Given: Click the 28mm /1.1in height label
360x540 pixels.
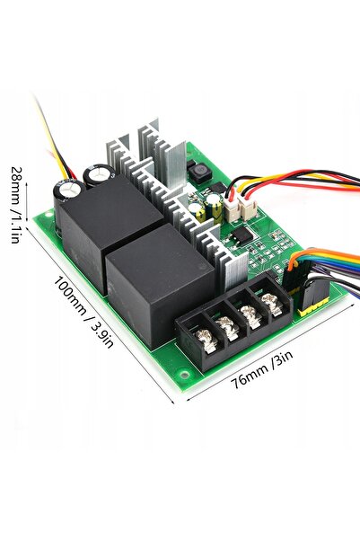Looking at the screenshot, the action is [x=16, y=205].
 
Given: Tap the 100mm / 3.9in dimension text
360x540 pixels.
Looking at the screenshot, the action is [x=83, y=313].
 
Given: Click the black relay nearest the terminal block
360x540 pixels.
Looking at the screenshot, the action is [x=160, y=285].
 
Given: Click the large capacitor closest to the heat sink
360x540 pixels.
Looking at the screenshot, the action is [x=99, y=175].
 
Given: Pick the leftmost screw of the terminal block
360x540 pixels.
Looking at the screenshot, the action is [x=206, y=341].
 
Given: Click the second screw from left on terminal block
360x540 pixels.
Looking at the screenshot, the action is [x=227, y=327].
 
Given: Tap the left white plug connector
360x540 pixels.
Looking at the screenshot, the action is [x=233, y=210].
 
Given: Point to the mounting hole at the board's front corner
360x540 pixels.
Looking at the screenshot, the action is [x=184, y=375].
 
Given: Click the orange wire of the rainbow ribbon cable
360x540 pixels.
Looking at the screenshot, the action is [x=321, y=256].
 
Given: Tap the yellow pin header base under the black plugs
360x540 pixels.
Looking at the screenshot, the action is [x=312, y=307].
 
